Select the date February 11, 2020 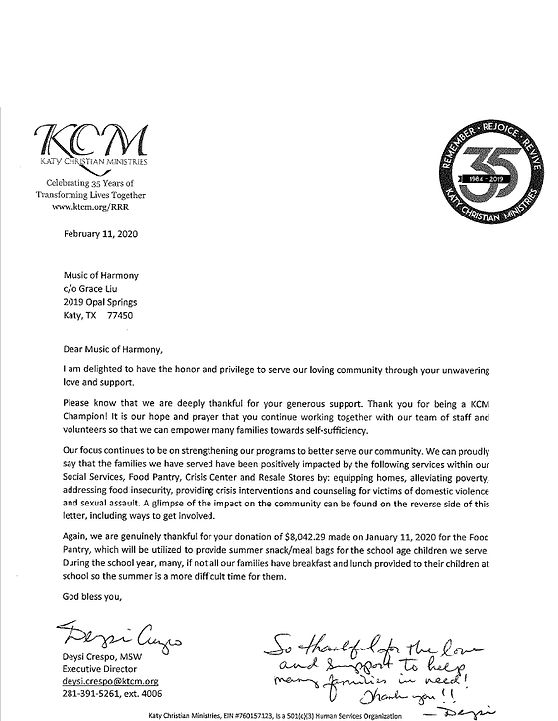(89, 237)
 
